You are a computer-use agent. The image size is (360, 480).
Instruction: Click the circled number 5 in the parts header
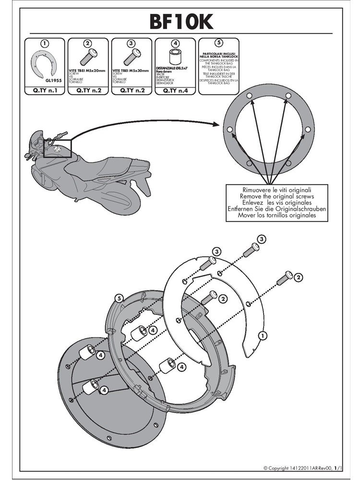(x=218, y=43)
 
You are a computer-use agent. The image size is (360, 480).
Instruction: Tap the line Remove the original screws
(x=277, y=196)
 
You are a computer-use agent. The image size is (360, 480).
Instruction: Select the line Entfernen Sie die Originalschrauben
(x=277, y=209)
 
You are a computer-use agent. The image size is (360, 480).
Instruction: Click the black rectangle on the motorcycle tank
(x=58, y=148)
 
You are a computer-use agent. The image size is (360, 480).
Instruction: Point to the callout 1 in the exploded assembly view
(x=263, y=336)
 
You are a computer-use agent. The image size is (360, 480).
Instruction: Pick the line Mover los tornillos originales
(x=277, y=216)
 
